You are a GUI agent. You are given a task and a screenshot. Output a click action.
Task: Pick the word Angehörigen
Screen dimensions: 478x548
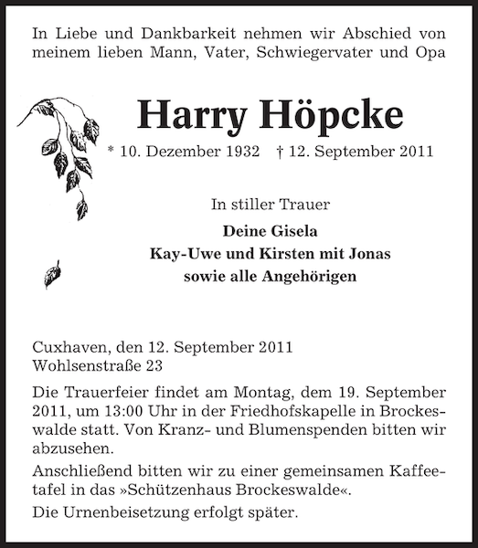point(304,276)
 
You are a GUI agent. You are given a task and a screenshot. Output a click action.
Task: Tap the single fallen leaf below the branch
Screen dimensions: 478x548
point(52,273)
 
